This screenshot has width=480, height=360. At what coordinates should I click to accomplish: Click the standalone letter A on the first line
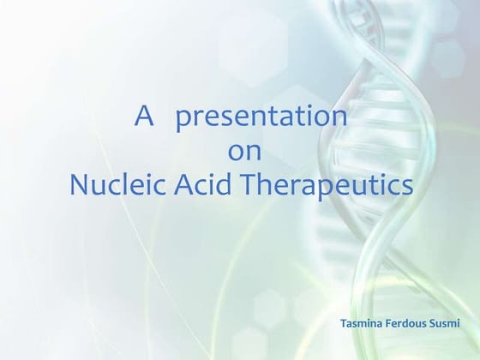(x=143, y=117)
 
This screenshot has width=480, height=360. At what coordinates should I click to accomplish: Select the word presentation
(x=261, y=118)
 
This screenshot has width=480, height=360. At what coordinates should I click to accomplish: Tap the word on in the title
(x=240, y=152)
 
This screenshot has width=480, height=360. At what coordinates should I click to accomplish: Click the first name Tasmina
(x=362, y=324)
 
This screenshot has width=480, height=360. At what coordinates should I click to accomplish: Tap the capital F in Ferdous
(x=391, y=324)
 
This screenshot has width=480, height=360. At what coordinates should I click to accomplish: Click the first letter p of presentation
(x=183, y=120)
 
